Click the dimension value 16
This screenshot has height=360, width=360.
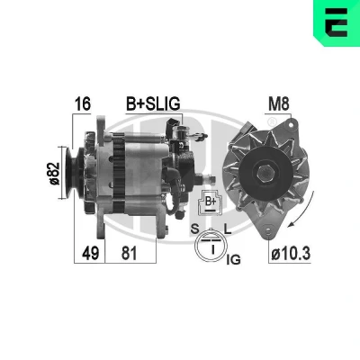83,103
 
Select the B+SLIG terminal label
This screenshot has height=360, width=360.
153,103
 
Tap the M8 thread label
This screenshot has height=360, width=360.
279,104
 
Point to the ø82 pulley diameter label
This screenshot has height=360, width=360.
54,174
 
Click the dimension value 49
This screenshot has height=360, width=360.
90,253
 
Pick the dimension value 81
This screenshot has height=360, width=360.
129,253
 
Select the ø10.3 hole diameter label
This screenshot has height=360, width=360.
291,254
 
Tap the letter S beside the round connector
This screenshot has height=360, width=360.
194,229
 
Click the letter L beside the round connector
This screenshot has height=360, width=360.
228,229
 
